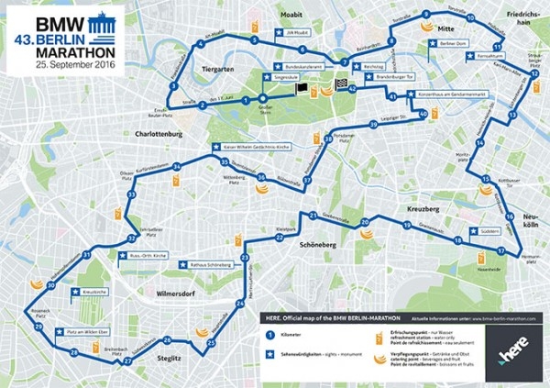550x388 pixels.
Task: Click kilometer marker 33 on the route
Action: [x=132, y=195]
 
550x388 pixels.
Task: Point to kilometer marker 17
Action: [x=500, y=250]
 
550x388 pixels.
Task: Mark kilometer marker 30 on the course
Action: [x=51, y=285]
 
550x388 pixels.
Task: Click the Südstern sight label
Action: [x=488, y=231]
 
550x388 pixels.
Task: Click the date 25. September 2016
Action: [x=76, y=66]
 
